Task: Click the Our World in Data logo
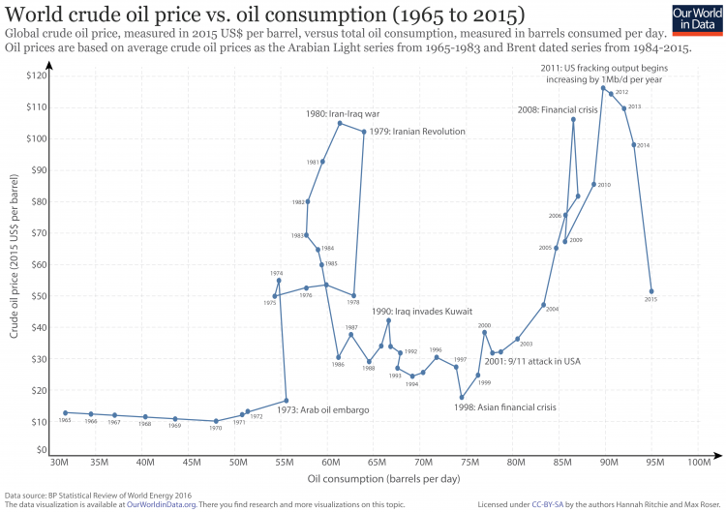tap(696, 20)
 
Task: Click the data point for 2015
tap(651, 291)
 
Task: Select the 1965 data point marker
tap(65, 412)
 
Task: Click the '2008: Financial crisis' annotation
tap(557, 110)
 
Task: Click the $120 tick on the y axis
tap(36, 75)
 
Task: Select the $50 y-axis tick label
tap(38, 296)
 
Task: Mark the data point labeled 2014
tap(634, 145)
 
